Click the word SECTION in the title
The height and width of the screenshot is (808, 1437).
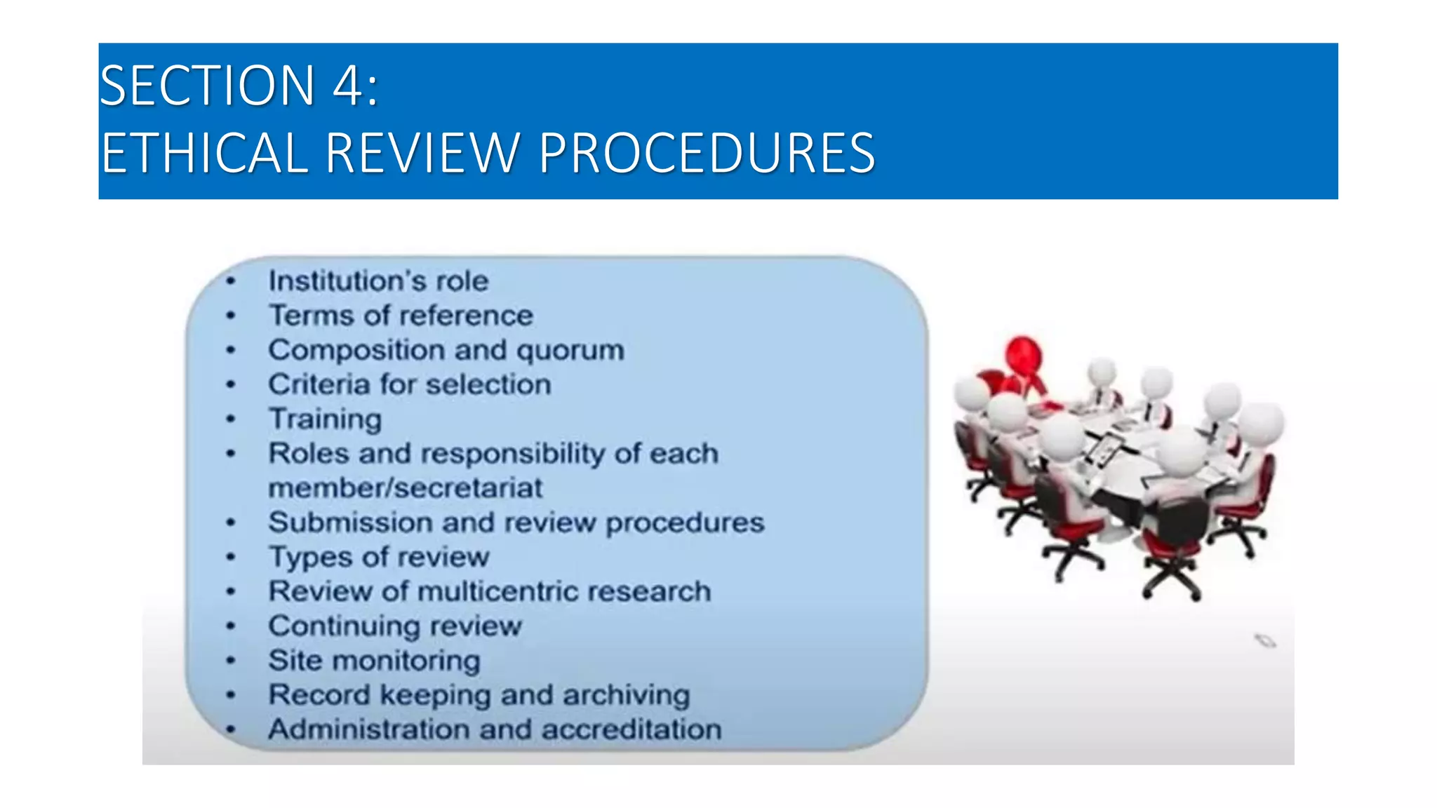pos(208,86)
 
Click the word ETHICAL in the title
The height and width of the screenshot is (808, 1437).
pos(204,153)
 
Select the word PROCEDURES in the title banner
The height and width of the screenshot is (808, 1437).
pos(707,153)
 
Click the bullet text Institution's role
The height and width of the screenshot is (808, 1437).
pos(378,281)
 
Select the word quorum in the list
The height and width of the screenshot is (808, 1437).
pos(570,350)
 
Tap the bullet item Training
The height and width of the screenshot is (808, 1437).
pos(326,419)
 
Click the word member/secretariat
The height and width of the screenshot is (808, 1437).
pos(406,488)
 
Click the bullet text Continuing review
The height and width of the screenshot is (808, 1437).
pos(395,626)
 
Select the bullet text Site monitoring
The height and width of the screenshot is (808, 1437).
pos(375,661)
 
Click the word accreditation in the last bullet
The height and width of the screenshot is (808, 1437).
pos(631,729)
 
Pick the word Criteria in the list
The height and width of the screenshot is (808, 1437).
pos(319,384)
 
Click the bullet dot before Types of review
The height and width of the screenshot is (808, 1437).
pos(231,558)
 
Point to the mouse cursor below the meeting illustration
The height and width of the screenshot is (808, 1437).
pos(1264,640)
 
